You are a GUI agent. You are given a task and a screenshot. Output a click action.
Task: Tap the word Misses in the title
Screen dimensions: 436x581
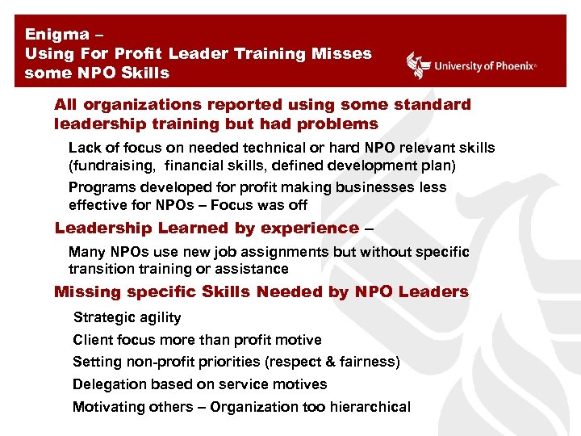pyautogui.click(x=341, y=53)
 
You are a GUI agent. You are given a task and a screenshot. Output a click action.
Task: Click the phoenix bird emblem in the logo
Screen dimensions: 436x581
pyautogui.click(x=418, y=65)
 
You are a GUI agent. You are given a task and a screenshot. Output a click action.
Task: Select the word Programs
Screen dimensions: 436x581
pyautogui.click(x=101, y=187)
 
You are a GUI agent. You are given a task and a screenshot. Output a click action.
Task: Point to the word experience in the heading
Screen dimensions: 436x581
pyautogui.click(x=308, y=228)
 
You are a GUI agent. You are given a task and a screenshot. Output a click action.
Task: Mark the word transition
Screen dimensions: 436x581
pyautogui.click(x=98, y=268)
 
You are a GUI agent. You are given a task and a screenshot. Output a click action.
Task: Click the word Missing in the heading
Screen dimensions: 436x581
pyautogui.click(x=87, y=291)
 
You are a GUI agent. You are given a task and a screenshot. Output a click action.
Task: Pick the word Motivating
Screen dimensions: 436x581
pyautogui.click(x=107, y=407)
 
